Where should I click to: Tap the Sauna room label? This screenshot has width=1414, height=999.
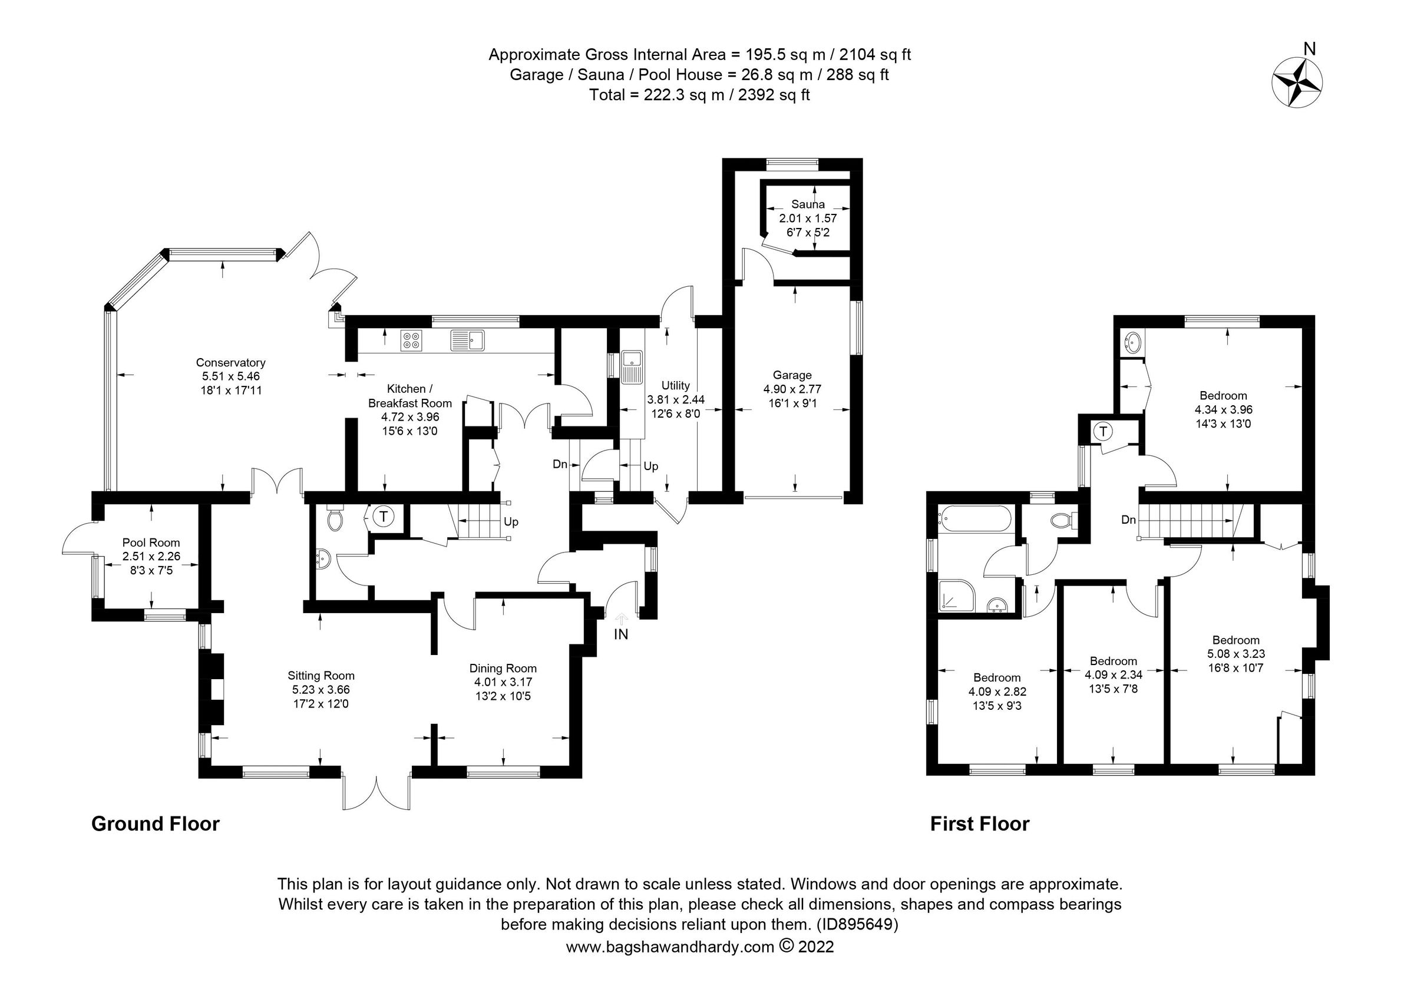pos(807,204)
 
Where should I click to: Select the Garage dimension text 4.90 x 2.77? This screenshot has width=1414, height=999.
pos(792,389)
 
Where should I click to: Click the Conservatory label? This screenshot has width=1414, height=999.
pos(230,362)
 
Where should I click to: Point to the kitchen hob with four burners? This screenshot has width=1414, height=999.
pos(411,340)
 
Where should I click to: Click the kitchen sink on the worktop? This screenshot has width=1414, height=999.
pos(468,340)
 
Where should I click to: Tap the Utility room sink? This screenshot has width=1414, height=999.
pos(632,366)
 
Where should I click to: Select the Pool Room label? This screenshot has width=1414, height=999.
pos(151,542)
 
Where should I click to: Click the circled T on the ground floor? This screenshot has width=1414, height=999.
pos(383,517)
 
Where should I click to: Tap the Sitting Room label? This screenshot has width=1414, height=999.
pos(321,676)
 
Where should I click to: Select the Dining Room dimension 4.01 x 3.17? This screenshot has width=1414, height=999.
pos(503,682)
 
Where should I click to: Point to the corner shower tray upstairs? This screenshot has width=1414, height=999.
pos(956,594)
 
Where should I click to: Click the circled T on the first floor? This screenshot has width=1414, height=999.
pos(1104,432)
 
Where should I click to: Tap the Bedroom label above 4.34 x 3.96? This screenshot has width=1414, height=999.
pos(1223,396)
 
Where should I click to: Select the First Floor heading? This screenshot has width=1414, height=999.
pos(979,823)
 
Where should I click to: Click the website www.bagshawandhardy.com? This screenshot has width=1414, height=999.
pos(670,947)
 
